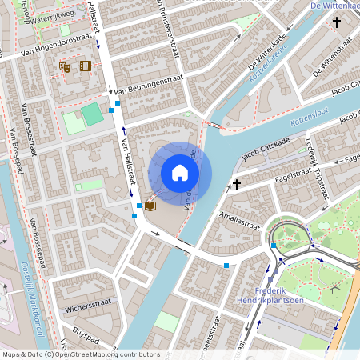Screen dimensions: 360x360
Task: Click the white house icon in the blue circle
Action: pos(180,173)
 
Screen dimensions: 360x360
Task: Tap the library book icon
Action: pos(150,206)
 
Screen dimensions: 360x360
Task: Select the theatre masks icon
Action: pos(66,68)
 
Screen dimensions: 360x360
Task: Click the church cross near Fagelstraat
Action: pos(236,184)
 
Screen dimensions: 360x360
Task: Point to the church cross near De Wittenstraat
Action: pos(337,24)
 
